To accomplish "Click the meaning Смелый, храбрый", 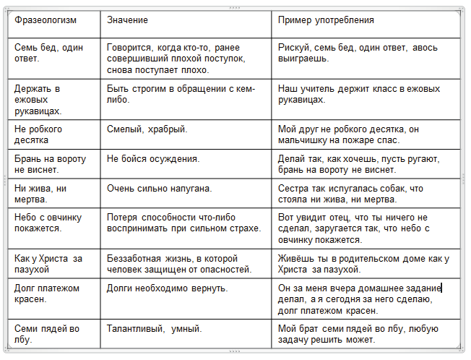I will point(147,129).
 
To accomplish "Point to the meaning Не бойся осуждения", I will point(153,158).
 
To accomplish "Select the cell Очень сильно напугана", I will point(159,189).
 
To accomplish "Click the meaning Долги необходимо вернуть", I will point(167,288).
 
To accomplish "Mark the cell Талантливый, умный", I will point(154,328).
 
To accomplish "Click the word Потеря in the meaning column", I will point(123,218).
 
